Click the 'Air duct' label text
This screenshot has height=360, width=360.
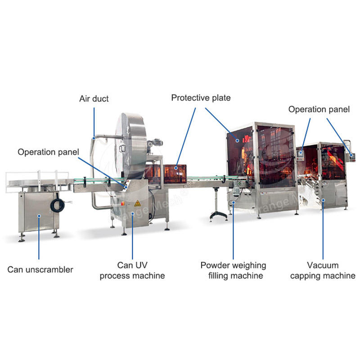click(94, 99)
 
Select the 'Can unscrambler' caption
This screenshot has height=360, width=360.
click(40, 270)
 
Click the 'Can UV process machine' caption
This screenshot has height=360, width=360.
click(132, 270)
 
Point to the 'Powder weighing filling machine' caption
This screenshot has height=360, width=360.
click(233, 270)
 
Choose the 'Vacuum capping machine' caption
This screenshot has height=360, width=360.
click(323, 270)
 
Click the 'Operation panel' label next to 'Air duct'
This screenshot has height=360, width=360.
click(48, 152)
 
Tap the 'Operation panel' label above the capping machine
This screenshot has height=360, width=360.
click(319, 109)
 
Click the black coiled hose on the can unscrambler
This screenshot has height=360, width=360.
click(58, 205)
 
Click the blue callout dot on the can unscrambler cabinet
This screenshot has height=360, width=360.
click(39, 216)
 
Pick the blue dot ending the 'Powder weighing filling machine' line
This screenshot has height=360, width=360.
click(234, 202)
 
